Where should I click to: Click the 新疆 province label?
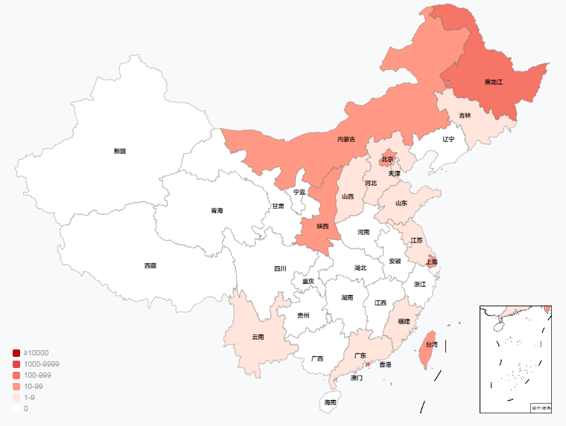[120, 151]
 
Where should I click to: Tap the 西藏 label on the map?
[150, 265]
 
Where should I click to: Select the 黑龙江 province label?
[494, 82]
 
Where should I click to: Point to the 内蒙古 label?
[346, 139]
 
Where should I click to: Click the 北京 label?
[387, 159]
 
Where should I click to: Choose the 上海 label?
[431, 262]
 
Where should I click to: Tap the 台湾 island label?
[432, 344]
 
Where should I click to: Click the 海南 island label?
[330, 402]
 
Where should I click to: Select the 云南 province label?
[258, 337]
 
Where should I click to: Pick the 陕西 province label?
[322, 226]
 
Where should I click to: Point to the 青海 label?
[217, 210]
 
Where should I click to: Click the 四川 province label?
[280, 268]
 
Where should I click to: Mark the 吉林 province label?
[465, 115]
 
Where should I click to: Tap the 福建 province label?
[404, 321]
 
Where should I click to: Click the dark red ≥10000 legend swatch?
[16, 352]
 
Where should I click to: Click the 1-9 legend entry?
[28, 398]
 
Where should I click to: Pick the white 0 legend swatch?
[16, 409]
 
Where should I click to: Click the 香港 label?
[385, 364]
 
